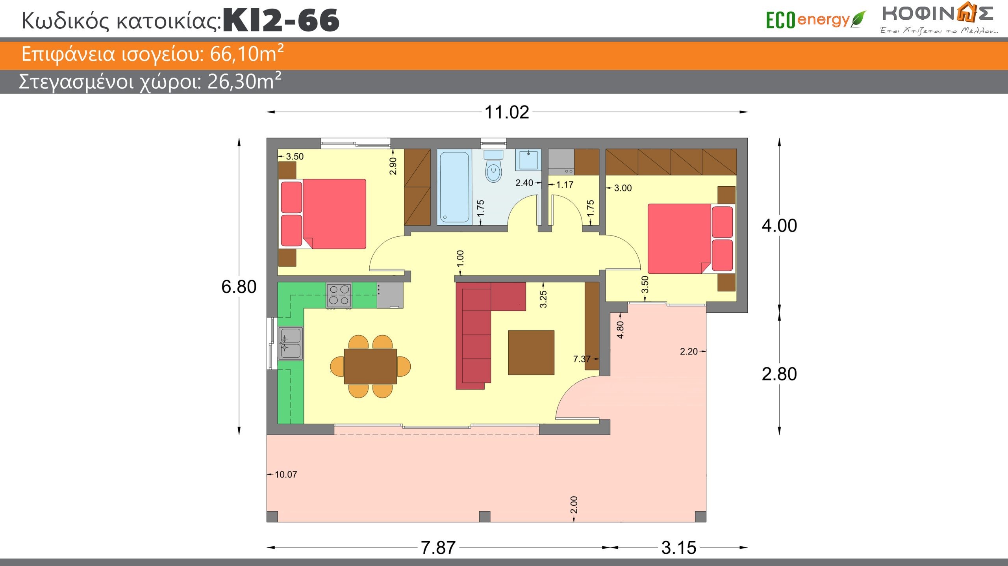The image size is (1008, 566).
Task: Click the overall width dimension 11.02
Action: point(506,112)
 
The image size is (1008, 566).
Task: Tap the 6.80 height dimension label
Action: point(239,286)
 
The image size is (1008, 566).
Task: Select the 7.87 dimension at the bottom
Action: point(438,547)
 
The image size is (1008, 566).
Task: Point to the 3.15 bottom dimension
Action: point(679,547)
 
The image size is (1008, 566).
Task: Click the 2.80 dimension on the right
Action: point(779,374)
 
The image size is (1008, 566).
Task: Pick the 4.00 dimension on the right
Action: point(779,225)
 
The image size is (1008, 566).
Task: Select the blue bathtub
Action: point(454,187)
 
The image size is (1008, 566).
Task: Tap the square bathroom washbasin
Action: point(528,159)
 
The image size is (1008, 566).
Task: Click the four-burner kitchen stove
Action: point(339,295)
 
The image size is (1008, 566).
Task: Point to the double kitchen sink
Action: point(291,343)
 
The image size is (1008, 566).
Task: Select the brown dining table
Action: point(370,366)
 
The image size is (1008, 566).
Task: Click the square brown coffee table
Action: point(531,353)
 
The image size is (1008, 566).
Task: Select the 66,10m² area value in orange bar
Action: point(246,54)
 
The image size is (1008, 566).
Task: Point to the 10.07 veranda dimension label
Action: point(285,474)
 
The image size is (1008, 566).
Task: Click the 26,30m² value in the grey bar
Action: point(244,82)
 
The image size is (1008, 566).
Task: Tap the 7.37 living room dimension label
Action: point(582,359)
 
